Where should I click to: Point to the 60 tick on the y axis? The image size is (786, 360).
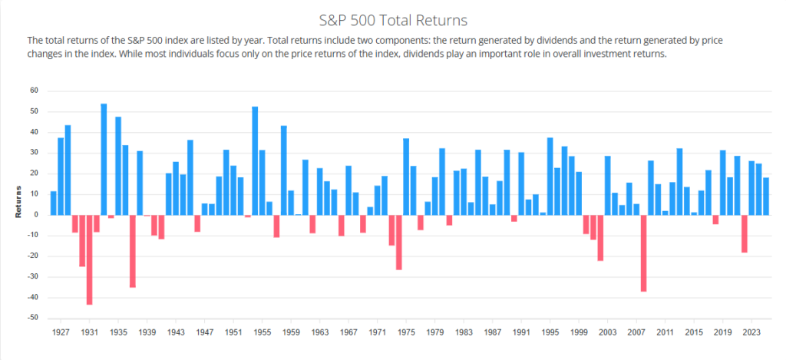34,91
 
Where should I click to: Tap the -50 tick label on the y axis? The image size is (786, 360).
32,318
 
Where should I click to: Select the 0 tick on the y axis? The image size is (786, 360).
36,215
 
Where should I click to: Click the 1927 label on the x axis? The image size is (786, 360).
61,333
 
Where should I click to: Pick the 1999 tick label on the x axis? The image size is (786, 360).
579,333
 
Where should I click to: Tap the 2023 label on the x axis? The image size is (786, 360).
751,333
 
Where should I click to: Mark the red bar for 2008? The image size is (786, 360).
643,253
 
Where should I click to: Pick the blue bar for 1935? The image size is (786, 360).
118,165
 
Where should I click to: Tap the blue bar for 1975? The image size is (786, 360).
406,177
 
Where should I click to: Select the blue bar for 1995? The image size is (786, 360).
550,176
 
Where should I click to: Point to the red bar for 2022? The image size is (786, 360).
744,233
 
